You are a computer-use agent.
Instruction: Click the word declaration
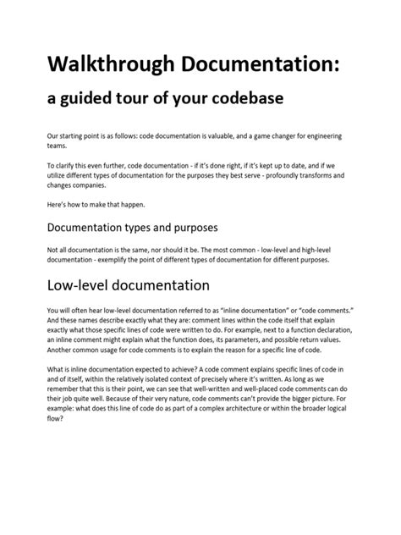coord(331,331)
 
